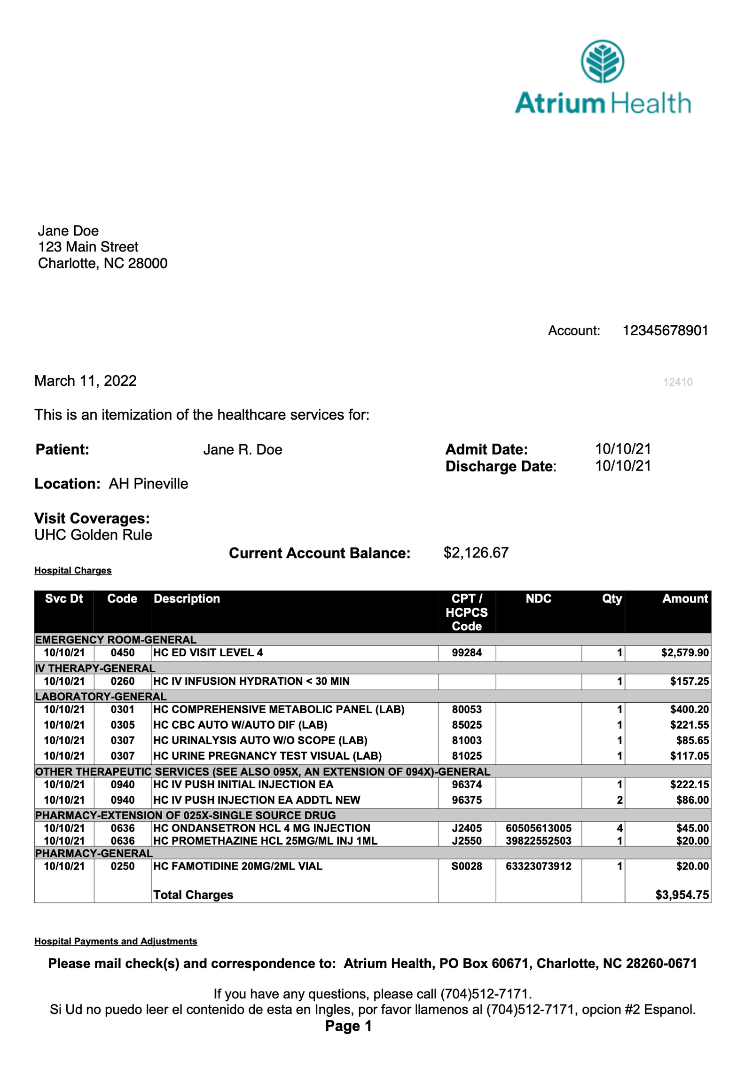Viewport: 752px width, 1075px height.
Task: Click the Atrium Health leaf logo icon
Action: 602,61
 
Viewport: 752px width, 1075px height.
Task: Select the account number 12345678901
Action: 665,330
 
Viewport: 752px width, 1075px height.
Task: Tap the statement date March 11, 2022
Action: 86,381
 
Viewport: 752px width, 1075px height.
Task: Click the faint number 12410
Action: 677,382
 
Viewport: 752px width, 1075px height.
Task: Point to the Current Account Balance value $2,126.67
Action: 476,553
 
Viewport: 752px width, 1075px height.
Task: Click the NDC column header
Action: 538,598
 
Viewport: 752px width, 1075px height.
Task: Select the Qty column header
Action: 611,598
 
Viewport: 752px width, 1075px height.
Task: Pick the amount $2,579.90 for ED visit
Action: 684,652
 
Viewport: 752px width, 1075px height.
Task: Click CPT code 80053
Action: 466,709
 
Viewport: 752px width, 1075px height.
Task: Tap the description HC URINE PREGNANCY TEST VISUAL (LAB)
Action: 267,756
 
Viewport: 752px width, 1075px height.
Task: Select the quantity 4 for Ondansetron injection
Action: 619,828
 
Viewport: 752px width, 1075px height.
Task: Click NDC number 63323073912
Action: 538,866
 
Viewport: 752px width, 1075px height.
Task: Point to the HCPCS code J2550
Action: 466,841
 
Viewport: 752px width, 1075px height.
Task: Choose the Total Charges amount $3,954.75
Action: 681,895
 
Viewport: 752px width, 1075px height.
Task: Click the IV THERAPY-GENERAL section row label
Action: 95,668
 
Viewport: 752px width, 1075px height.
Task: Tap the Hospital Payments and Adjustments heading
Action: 116,942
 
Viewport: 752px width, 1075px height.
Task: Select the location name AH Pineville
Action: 148,484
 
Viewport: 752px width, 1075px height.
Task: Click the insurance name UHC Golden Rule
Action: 93,535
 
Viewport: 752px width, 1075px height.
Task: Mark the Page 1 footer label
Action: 348,1026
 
